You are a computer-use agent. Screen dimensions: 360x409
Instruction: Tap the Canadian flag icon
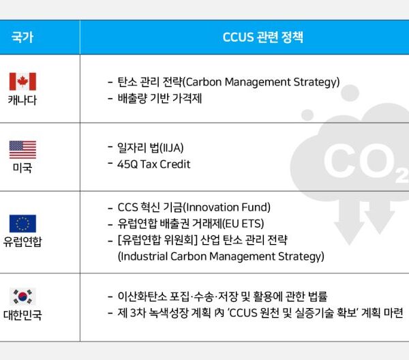[22, 82]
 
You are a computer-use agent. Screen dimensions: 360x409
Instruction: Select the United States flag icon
[22, 149]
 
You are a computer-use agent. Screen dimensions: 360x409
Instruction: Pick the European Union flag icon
[22, 223]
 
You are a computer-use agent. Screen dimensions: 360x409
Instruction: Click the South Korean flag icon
[22, 297]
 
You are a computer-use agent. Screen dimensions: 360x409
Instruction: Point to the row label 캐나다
[22, 100]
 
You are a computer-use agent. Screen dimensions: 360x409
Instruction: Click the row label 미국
[22, 168]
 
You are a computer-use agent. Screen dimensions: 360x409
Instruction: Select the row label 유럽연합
[22, 241]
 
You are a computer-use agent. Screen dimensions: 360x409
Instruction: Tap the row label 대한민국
[22, 316]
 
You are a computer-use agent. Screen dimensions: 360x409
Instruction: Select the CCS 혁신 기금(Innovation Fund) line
[194, 207]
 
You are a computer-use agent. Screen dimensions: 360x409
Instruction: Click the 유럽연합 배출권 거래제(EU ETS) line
[190, 224]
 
